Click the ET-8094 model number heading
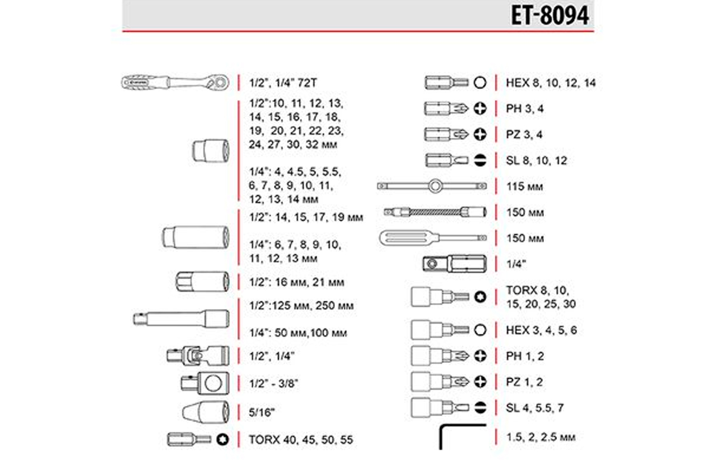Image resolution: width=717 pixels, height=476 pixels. [550, 15]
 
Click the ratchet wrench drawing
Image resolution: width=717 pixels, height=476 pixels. [175, 82]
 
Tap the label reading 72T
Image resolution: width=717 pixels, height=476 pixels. [307, 83]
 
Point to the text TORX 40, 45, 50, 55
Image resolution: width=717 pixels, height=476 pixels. [301, 440]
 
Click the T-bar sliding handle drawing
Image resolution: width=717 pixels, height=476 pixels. [432, 186]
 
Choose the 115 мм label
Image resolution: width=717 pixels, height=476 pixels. [525, 186]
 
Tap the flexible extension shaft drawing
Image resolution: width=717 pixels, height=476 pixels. [435, 212]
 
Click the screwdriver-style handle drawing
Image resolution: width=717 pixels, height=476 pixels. [433, 238]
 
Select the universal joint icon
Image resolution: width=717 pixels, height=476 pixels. [198, 356]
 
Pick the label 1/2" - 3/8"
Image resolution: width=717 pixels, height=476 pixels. [273, 383]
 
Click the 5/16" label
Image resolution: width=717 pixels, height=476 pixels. [262, 412]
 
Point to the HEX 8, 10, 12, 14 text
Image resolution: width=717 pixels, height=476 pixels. [551, 83]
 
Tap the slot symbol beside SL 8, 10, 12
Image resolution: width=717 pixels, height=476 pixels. [480, 160]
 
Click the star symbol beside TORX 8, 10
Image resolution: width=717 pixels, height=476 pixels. [480, 297]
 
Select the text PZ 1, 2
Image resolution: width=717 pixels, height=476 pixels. [524, 382]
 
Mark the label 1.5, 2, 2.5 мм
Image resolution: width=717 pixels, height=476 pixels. [541, 437]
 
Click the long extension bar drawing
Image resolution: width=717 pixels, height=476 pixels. [181, 319]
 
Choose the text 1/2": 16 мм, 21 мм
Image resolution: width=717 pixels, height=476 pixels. [296, 282]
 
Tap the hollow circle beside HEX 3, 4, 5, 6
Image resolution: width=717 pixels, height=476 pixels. [480, 330]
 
